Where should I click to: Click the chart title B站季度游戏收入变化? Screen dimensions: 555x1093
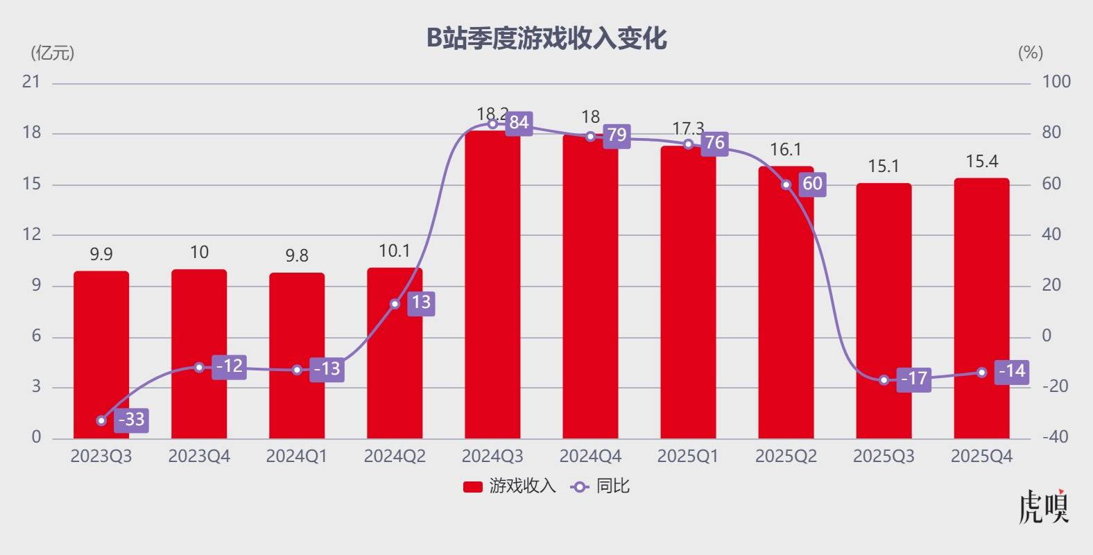click(x=546, y=38)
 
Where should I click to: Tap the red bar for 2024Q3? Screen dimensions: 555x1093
click(x=492, y=291)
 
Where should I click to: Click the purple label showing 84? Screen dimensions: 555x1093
click(x=519, y=123)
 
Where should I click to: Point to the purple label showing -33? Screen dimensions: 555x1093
click(x=131, y=420)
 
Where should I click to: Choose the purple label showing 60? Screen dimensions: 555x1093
click(x=812, y=184)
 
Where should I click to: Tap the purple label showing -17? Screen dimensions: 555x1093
click(x=913, y=379)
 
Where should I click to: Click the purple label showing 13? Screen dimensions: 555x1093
click(x=421, y=302)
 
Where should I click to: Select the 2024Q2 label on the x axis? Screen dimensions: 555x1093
click(x=395, y=456)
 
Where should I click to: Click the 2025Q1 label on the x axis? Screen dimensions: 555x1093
click(x=688, y=456)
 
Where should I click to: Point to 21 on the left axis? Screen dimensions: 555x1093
click(x=32, y=82)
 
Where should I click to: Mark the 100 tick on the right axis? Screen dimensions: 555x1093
click(x=1056, y=82)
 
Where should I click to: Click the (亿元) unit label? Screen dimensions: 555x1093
click(x=53, y=53)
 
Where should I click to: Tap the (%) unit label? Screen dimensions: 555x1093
click(x=1030, y=53)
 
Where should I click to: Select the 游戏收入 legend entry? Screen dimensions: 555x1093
click(x=510, y=486)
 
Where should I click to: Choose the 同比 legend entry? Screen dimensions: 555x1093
click(x=601, y=486)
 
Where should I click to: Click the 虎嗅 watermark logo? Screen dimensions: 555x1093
click(x=1044, y=507)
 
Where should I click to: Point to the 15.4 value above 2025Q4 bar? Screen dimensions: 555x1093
click(x=981, y=162)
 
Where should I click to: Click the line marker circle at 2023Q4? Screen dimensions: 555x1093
click(x=199, y=367)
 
